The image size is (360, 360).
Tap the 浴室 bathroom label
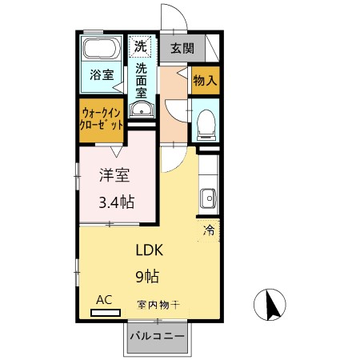pyautogui.click(x=101, y=75)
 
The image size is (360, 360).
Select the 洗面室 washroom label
pyautogui.click(x=142, y=80)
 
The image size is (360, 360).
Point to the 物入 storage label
pyautogui.click(x=205, y=81)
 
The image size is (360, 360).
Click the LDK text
pyautogui.click(x=148, y=249)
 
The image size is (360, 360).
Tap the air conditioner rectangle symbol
pyautogui.click(x=105, y=312)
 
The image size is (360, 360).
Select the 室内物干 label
pyautogui.click(x=158, y=304)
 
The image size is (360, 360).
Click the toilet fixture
pyautogui.click(x=205, y=122)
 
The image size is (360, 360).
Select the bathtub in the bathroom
pyautogui.click(x=101, y=49)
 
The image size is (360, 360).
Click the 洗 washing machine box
pyautogui.click(x=141, y=45)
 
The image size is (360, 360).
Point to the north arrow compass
pyautogui.click(x=271, y=304)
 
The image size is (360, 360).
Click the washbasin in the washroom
pyautogui.click(x=142, y=110)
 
